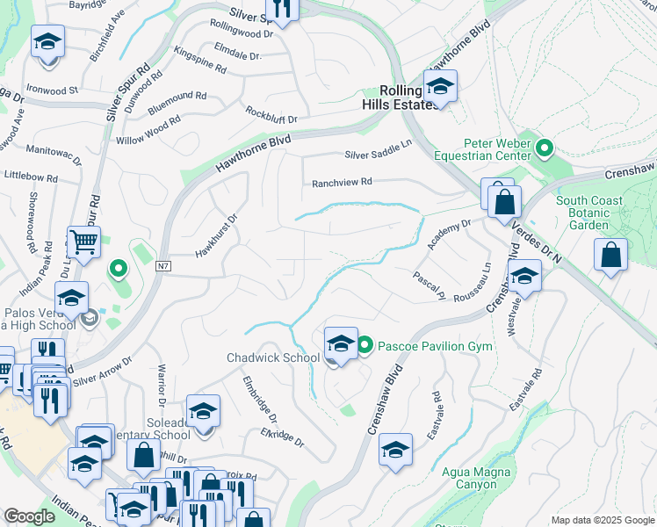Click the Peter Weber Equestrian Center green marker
point(544,148)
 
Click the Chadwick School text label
point(273,357)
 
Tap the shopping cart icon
point(83,242)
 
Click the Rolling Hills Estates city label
point(406,97)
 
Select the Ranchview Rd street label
point(343,183)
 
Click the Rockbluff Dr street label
point(271,116)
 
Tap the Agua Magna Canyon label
point(475,477)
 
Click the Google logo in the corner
point(29,516)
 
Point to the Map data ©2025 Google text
point(603,520)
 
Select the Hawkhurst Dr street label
point(217,236)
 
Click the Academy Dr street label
point(449,235)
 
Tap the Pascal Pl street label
point(430,285)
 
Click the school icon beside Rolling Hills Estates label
point(439,86)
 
